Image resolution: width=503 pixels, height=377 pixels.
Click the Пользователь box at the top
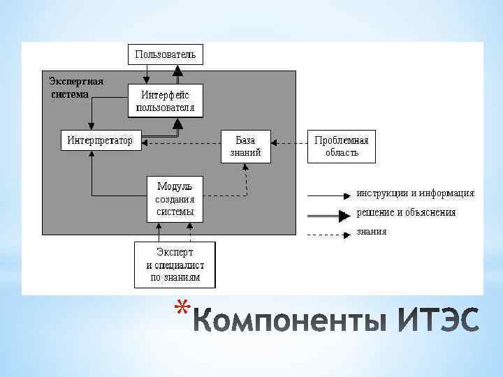(166, 54)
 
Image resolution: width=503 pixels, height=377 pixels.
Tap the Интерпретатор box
(100, 140)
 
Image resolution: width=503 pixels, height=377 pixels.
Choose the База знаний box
(245, 146)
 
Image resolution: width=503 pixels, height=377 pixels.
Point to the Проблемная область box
(342, 146)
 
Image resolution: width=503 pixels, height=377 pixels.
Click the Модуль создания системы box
(175, 198)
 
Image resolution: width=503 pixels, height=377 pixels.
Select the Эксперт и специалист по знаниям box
(175, 265)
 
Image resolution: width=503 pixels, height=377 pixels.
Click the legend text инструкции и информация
(415, 193)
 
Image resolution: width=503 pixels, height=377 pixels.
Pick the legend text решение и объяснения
(406, 212)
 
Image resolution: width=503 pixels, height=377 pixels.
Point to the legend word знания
(371, 231)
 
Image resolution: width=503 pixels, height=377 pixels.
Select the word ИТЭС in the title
(439, 323)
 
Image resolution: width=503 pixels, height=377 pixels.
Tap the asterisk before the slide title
(182, 308)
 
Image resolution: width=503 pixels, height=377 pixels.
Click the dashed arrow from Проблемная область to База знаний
(289, 143)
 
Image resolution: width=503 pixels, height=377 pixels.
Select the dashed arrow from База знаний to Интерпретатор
(182, 143)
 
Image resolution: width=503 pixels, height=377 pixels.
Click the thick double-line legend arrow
(328, 214)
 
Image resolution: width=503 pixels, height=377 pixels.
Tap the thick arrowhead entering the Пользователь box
(177, 70)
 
